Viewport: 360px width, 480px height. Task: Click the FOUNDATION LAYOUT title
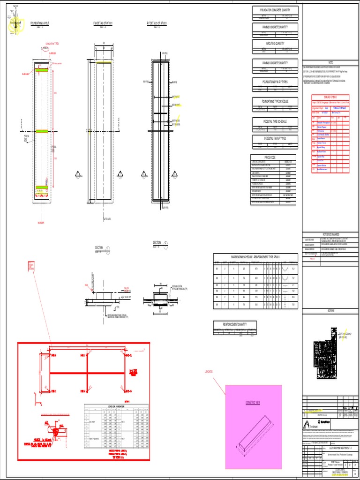(x=40, y=22)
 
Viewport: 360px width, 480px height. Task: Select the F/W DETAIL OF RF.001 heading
(x=103, y=22)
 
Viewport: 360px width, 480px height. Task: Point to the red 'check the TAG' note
(x=52, y=44)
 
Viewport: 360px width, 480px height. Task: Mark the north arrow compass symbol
(x=16, y=24)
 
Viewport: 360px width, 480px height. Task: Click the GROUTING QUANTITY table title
(x=275, y=44)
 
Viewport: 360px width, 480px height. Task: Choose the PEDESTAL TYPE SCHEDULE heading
(x=275, y=121)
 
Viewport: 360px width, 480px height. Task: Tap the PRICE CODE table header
(x=257, y=157)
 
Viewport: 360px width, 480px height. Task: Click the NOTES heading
(x=330, y=62)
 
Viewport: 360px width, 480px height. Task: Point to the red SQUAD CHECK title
(x=330, y=97)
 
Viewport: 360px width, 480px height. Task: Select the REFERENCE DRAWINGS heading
(x=330, y=234)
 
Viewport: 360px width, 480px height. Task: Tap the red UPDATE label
(x=208, y=372)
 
